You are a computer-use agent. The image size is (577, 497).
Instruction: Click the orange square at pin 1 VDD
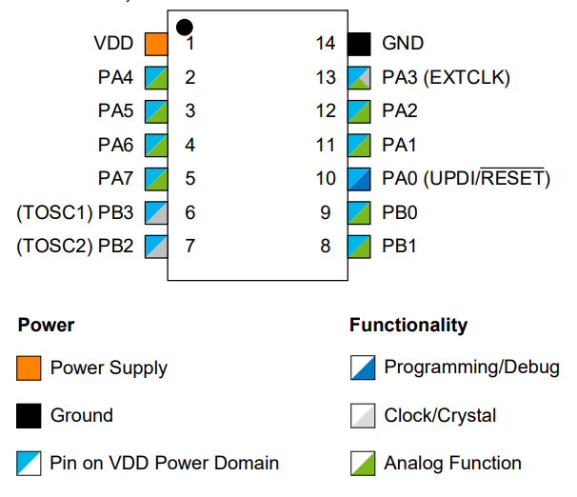pos(156,44)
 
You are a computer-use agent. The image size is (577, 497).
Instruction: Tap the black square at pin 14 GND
pos(358,44)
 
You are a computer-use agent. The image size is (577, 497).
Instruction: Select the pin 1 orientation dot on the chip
pos(185,27)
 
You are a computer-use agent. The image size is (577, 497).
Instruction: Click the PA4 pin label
pos(115,78)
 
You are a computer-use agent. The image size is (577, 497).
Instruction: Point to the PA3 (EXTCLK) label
pos(446,78)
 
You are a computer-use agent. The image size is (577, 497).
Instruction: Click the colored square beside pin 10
pos(358,179)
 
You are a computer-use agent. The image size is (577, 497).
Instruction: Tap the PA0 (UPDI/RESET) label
pos(466,179)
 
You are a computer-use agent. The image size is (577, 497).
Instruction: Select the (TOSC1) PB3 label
pos(75,212)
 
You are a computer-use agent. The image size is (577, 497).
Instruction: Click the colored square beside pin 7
pos(156,247)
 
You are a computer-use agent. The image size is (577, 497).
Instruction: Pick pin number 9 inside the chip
pos(326,212)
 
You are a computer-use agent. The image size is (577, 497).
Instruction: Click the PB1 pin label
pos(400,247)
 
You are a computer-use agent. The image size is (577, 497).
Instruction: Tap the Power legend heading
pos(46,326)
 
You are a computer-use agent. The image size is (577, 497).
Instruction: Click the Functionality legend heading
pos(408,326)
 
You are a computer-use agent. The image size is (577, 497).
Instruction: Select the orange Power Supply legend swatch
pos(29,368)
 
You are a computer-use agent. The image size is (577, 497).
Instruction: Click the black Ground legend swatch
pos(29,416)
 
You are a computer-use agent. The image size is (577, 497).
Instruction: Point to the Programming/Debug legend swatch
pos(362,368)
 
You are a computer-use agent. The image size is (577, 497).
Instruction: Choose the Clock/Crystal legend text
pos(440,416)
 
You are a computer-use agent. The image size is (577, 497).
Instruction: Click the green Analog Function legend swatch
pos(362,464)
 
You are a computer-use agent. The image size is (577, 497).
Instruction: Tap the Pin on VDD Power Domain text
pos(165,464)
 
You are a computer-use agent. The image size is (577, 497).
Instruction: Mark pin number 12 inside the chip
pos(326,111)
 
